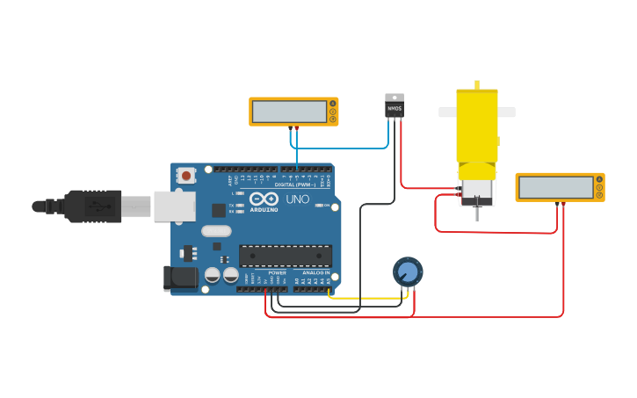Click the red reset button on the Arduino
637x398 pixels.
pyautogui.click(x=185, y=176)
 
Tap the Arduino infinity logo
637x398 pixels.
pyautogui.click(x=264, y=199)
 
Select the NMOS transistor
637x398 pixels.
pyautogui.click(x=395, y=106)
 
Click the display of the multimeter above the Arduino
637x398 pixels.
pyautogui.click(x=289, y=111)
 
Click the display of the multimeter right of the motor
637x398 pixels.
pyautogui.click(x=554, y=187)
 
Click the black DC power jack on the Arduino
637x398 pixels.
pyautogui.click(x=181, y=278)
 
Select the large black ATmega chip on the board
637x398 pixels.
pyautogui.click(x=286, y=256)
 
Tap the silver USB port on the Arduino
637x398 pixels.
pyautogui.click(x=173, y=206)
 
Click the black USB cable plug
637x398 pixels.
pyautogui.click(x=92, y=206)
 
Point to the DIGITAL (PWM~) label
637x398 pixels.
pyautogui.click(x=295, y=185)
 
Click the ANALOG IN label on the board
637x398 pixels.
pyautogui.click(x=315, y=272)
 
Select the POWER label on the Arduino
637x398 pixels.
pyautogui.click(x=277, y=272)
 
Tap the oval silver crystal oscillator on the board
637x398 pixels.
pyautogui.click(x=216, y=231)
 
